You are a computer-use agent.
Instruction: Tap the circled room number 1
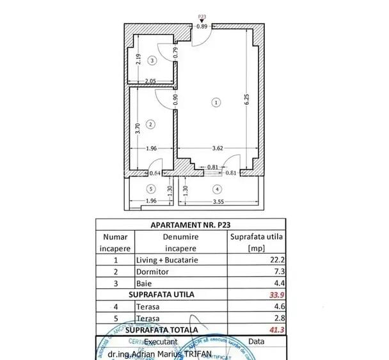click(216, 102)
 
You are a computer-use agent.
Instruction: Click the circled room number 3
click(152, 61)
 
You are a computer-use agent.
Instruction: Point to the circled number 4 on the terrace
click(217, 189)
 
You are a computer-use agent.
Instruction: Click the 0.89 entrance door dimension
click(202, 26)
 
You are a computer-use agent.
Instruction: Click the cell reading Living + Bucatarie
click(168, 260)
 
